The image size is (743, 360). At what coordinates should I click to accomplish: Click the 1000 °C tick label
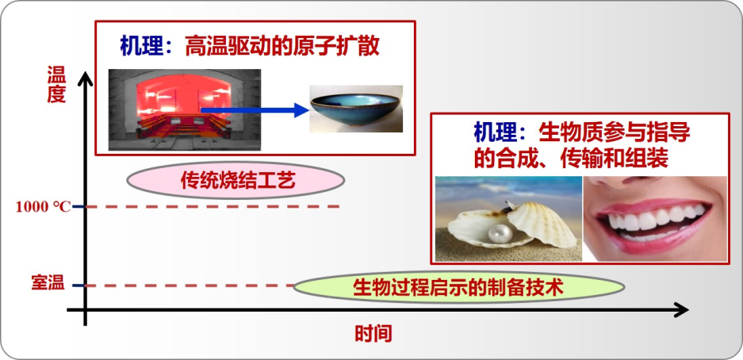tap(43, 207)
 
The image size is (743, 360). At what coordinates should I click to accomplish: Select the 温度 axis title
tap(56, 84)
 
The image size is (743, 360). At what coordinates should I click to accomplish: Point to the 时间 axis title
tap(373, 334)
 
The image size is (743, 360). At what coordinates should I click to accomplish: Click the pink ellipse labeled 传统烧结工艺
tap(236, 180)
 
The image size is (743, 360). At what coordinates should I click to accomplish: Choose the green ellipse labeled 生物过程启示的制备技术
tap(458, 287)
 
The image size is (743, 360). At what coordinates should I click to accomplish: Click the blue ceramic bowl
tap(356, 108)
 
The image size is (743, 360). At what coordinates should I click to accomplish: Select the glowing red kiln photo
tap(184, 109)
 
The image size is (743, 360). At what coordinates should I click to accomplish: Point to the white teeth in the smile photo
tap(652, 220)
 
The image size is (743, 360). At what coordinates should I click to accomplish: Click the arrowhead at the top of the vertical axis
tap(86, 79)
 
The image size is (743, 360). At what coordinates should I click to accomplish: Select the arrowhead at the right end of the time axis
tap(680, 310)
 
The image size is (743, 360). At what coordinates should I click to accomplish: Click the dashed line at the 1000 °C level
tap(214, 206)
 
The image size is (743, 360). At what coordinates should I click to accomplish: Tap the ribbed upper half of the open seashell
tap(542, 223)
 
